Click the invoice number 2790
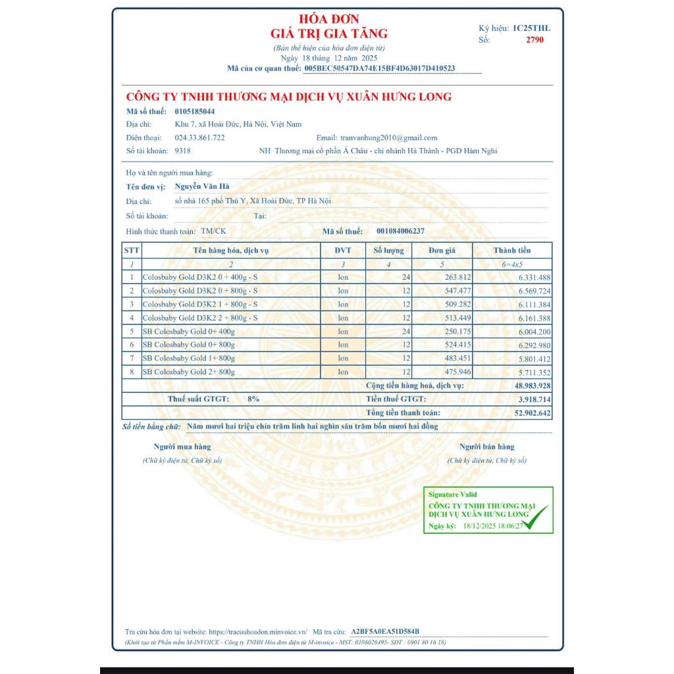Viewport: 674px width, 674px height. click(534, 39)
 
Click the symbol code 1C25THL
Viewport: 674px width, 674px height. click(531, 28)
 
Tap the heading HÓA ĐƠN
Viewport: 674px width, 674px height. click(329, 19)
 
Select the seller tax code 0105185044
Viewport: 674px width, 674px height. click(195, 111)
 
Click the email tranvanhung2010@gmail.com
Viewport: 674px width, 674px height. click(388, 138)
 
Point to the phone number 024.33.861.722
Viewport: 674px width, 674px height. click(199, 138)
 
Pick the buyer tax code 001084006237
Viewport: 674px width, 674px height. click(400, 231)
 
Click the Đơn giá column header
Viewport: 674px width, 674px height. click(442, 250)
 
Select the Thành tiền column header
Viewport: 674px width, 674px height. click(512, 250)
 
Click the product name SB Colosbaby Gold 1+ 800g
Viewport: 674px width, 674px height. click(189, 358)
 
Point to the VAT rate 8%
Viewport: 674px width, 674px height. click(253, 399)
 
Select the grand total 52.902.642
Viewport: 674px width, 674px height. click(532, 413)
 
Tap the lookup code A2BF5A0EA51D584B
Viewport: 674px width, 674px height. click(385, 631)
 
